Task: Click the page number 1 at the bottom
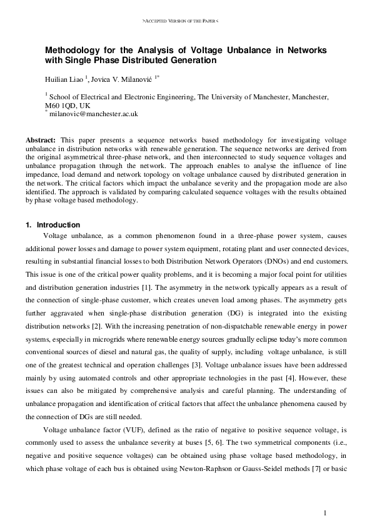(x=326, y=513)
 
